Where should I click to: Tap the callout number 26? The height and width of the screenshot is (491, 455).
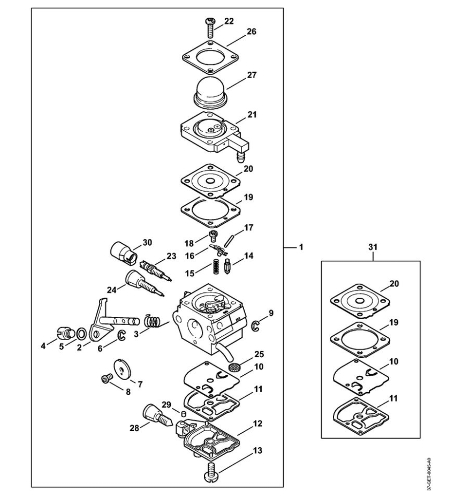click(251, 32)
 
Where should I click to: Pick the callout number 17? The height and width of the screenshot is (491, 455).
click(249, 228)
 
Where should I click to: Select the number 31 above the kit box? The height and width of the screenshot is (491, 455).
click(373, 247)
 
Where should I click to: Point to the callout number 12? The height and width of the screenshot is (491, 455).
click(257, 424)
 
